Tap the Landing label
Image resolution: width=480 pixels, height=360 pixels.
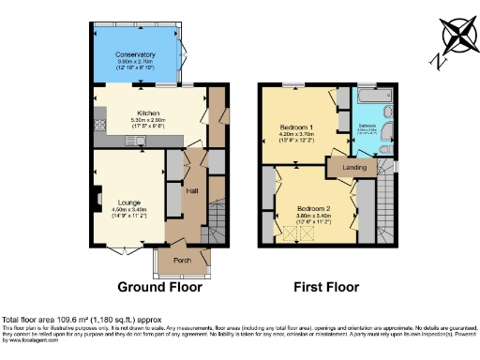click(x=354, y=168)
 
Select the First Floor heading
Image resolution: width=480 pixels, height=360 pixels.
click(x=327, y=286)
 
